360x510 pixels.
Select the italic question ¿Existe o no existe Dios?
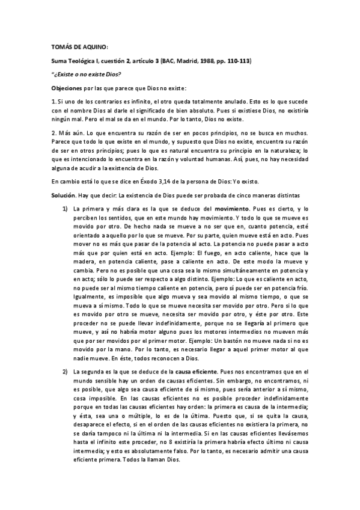87,74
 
